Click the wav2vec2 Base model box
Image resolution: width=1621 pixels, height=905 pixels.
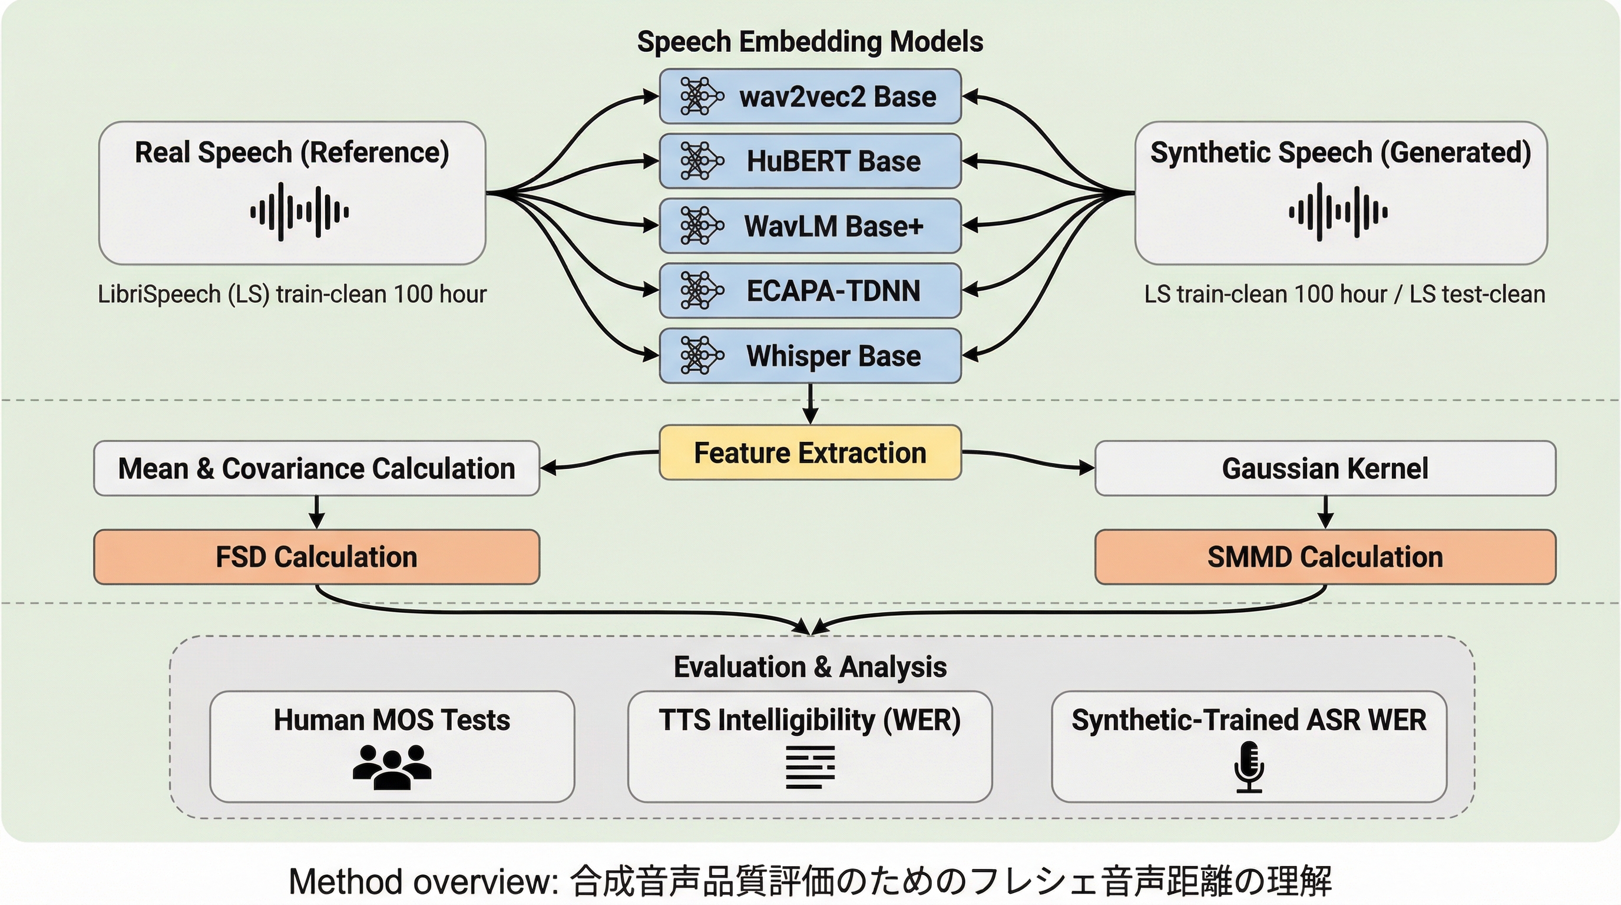click(810, 96)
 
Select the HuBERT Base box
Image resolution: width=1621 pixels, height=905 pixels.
click(810, 161)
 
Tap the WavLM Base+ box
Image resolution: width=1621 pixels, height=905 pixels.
click(810, 226)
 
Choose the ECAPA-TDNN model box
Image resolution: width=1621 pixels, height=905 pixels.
click(810, 290)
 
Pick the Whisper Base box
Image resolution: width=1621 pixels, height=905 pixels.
click(810, 356)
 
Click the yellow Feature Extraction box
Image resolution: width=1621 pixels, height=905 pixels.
click(810, 452)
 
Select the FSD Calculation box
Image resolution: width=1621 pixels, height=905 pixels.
click(316, 557)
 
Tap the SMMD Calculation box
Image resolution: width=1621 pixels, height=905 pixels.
click(1325, 557)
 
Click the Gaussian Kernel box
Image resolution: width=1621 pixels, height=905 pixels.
click(1325, 468)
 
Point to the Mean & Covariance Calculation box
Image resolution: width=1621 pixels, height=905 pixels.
click(316, 468)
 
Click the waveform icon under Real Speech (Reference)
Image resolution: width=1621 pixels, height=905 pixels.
click(300, 212)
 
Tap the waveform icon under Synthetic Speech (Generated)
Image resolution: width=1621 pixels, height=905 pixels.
click(1338, 212)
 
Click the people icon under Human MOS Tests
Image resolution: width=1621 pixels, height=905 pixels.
click(391, 767)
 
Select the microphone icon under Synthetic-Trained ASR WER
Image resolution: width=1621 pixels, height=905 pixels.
click(1249, 767)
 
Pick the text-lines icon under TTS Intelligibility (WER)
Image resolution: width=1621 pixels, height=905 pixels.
click(810, 767)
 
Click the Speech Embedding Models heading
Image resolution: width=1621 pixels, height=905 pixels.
click(810, 41)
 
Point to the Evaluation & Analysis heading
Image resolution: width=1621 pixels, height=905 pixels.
click(810, 666)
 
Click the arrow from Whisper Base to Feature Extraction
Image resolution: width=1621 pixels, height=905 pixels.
click(810, 404)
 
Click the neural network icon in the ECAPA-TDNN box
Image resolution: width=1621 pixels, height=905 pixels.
click(700, 290)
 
